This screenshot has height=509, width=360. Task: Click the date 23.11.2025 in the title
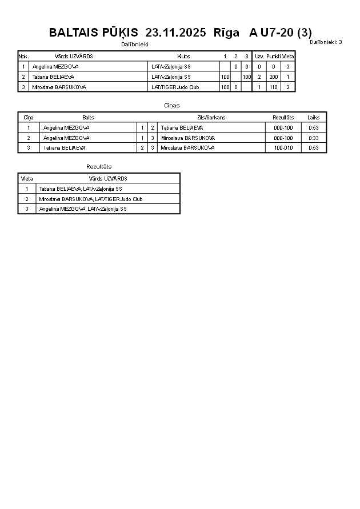coord(175,33)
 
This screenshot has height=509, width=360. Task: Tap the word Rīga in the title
coord(226,33)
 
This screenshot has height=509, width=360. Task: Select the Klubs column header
coord(183,57)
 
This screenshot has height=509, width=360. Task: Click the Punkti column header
coord(273,57)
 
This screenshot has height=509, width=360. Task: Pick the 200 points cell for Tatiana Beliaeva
coord(273,77)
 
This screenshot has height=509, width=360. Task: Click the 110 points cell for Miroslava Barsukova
coord(273,87)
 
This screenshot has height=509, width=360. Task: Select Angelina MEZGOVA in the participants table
coord(55,66)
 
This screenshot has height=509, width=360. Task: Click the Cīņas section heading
coord(171,106)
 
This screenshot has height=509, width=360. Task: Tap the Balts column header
coord(88,117)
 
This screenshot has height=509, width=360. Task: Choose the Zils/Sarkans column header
coord(211,117)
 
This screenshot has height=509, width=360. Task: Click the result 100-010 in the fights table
coord(283,147)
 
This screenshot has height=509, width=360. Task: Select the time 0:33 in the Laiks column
coord(314,138)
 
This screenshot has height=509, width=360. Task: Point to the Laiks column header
coord(314,117)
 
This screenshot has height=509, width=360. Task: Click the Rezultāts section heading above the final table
coord(99,166)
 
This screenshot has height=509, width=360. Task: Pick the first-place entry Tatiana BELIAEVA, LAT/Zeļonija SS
coord(80,189)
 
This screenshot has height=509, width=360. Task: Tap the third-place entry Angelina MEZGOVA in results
coord(83,209)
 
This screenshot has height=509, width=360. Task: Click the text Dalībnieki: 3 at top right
coord(326,42)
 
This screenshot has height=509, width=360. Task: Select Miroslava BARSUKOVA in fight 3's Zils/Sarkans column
coord(187,147)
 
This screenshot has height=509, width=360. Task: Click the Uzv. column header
coord(259,57)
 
